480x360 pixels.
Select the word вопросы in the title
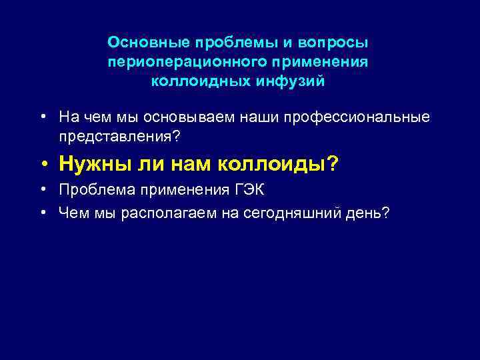(335, 43)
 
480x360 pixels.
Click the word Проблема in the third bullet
(92, 191)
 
